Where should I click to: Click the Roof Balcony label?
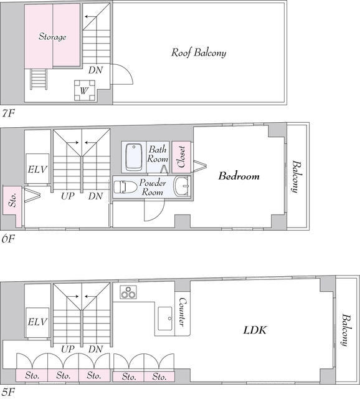click(199, 52)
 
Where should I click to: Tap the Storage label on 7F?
click(52, 37)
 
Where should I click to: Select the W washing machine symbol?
click(85, 90)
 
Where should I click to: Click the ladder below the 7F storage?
click(39, 79)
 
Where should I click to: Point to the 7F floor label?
click(8, 113)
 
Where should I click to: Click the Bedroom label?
click(239, 176)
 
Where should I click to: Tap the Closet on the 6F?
click(181, 156)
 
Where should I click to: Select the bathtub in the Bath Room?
click(134, 157)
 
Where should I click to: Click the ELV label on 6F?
click(37, 169)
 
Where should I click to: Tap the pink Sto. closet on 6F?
click(12, 200)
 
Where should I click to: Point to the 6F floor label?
click(8, 239)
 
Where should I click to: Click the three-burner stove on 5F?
click(128, 292)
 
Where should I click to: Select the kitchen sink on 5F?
click(165, 319)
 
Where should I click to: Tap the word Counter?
click(182, 312)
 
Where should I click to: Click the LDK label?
click(255, 330)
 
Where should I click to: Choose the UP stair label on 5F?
click(68, 349)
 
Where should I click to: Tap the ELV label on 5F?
click(37, 322)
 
